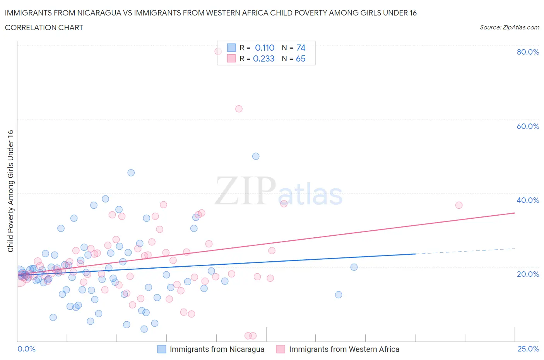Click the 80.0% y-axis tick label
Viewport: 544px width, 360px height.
[527, 52]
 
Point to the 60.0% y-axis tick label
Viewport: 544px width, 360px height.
[527, 126]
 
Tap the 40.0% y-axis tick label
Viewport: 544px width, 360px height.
[527, 200]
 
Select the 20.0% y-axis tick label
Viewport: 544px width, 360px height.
[527, 274]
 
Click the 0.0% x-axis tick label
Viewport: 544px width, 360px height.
[26, 349]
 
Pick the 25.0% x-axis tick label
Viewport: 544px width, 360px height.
[528, 349]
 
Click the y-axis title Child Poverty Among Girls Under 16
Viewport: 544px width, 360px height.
[10, 191]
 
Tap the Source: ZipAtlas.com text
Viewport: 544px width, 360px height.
[509, 27]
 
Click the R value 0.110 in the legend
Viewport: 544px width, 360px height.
[264, 48]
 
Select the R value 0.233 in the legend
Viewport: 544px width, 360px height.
[263, 58]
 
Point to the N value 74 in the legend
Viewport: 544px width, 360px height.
[301, 48]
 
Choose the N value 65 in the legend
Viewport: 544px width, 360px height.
[301, 58]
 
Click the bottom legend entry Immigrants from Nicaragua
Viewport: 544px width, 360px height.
[217, 349]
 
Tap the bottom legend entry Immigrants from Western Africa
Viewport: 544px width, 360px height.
[344, 349]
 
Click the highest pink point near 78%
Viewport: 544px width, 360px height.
[218, 51]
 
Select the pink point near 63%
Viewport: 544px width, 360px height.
[239, 109]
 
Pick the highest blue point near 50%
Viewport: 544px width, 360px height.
[256, 156]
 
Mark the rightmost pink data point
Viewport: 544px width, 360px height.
[459, 205]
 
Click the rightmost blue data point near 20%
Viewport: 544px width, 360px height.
[354, 267]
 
